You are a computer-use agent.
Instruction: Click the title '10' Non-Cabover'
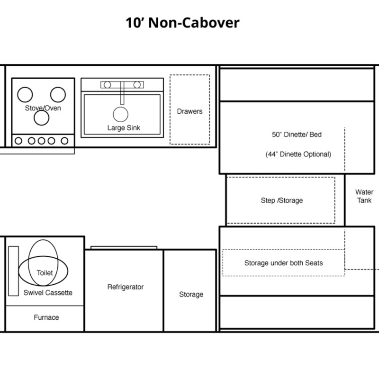pos(182,23)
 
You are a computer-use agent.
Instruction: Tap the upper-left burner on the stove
pos(25,94)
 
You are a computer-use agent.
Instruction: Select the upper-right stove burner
pos(58,94)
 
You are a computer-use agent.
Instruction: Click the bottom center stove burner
pos(42,117)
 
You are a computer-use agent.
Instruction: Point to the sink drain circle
pos(121,114)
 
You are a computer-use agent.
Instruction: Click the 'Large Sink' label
pos(124,127)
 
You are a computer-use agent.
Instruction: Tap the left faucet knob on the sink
pos(108,85)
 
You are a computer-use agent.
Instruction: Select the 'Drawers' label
pos(190,111)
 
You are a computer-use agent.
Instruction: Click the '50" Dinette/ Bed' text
pos(297,135)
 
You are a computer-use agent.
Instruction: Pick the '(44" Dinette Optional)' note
pos(298,154)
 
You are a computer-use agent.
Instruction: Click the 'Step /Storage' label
pos(282,200)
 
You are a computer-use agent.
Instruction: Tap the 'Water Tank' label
pos(364,196)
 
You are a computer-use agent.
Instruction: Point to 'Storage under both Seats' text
pos(283,263)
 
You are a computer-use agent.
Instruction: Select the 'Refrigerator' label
pos(126,287)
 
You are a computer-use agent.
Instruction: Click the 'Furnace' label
pos(46,317)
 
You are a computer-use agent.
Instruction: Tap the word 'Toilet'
pos(45,273)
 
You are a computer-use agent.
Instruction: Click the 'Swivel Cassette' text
pos(48,292)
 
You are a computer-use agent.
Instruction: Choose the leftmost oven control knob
pos(18,141)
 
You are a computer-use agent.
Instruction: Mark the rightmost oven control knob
pos(64,141)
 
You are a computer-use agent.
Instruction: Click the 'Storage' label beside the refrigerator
pos(191,294)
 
